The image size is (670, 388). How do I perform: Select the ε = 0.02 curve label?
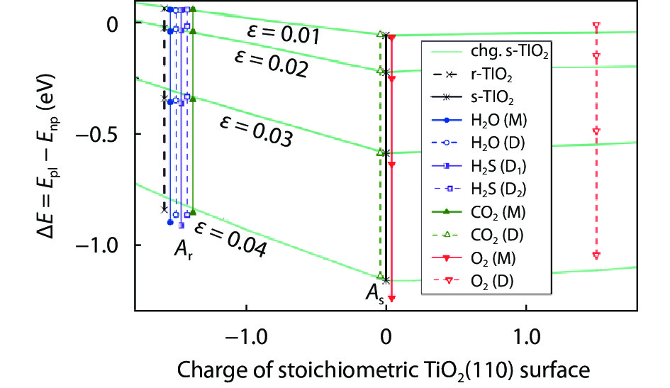(x=272, y=62)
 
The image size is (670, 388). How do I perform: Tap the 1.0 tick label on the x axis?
(x=525, y=334)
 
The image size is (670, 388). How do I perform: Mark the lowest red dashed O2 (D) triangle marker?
(x=596, y=255)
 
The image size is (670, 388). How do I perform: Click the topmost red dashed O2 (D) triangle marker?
(x=596, y=27)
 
